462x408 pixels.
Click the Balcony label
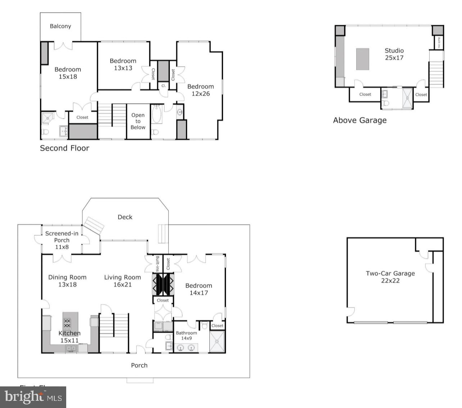click(x=60, y=26)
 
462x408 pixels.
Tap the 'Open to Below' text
click(x=138, y=121)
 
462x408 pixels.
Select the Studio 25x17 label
click(x=394, y=54)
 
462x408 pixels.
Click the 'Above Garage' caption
click(x=359, y=120)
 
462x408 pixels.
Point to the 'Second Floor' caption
click(x=64, y=148)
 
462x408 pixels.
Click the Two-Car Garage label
click(x=390, y=277)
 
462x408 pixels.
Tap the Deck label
click(x=125, y=217)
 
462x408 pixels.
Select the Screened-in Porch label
click(x=62, y=240)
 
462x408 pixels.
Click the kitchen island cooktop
click(x=67, y=324)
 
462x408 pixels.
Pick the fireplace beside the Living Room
click(x=163, y=284)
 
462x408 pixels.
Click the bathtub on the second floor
click(x=157, y=115)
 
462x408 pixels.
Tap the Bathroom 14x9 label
click(x=186, y=336)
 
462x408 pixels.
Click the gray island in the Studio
click(x=362, y=59)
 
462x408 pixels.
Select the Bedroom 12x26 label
click(x=200, y=90)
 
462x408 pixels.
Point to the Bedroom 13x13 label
click(x=123, y=64)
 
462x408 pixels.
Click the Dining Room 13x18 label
click(x=67, y=281)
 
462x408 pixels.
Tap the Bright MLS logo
click(x=33, y=397)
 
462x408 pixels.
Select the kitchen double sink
click(x=71, y=348)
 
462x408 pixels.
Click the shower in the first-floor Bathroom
click(x=218, y=341)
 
